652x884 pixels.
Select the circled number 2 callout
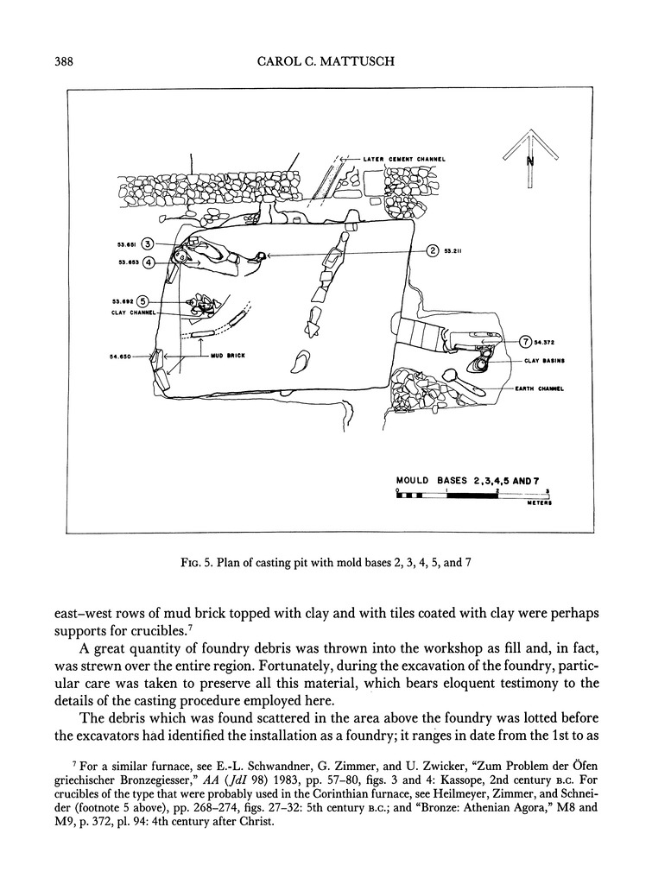(433, 251)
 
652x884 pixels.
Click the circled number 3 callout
(148, 244)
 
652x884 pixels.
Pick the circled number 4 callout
(148, 262)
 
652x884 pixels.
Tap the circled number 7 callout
(526, 341)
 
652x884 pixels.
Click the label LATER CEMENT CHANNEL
(404, 159)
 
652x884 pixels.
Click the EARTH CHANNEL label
(539, 388)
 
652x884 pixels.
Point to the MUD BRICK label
(227, 356)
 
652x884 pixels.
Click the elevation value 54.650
(120, 357)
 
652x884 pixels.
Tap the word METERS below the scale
(539, 502)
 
